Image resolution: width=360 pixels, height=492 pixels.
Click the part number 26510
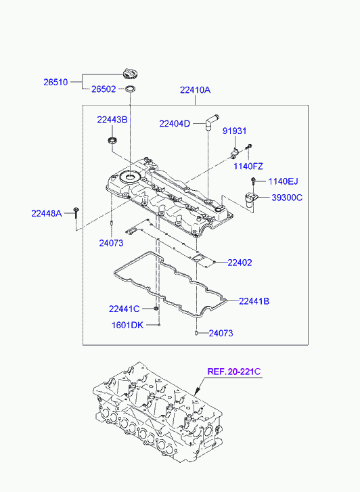55,82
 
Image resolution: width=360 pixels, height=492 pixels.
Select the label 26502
104,89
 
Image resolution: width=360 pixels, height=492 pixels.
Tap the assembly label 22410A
195,90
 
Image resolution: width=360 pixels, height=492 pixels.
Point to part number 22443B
112,120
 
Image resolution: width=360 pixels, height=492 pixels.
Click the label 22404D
175,124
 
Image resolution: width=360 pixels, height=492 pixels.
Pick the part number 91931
234,131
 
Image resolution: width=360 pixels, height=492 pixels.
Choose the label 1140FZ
248,166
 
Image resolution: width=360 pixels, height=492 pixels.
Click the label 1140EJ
283,181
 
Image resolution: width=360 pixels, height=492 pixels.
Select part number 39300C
287,198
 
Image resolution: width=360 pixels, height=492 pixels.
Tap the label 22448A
47,214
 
